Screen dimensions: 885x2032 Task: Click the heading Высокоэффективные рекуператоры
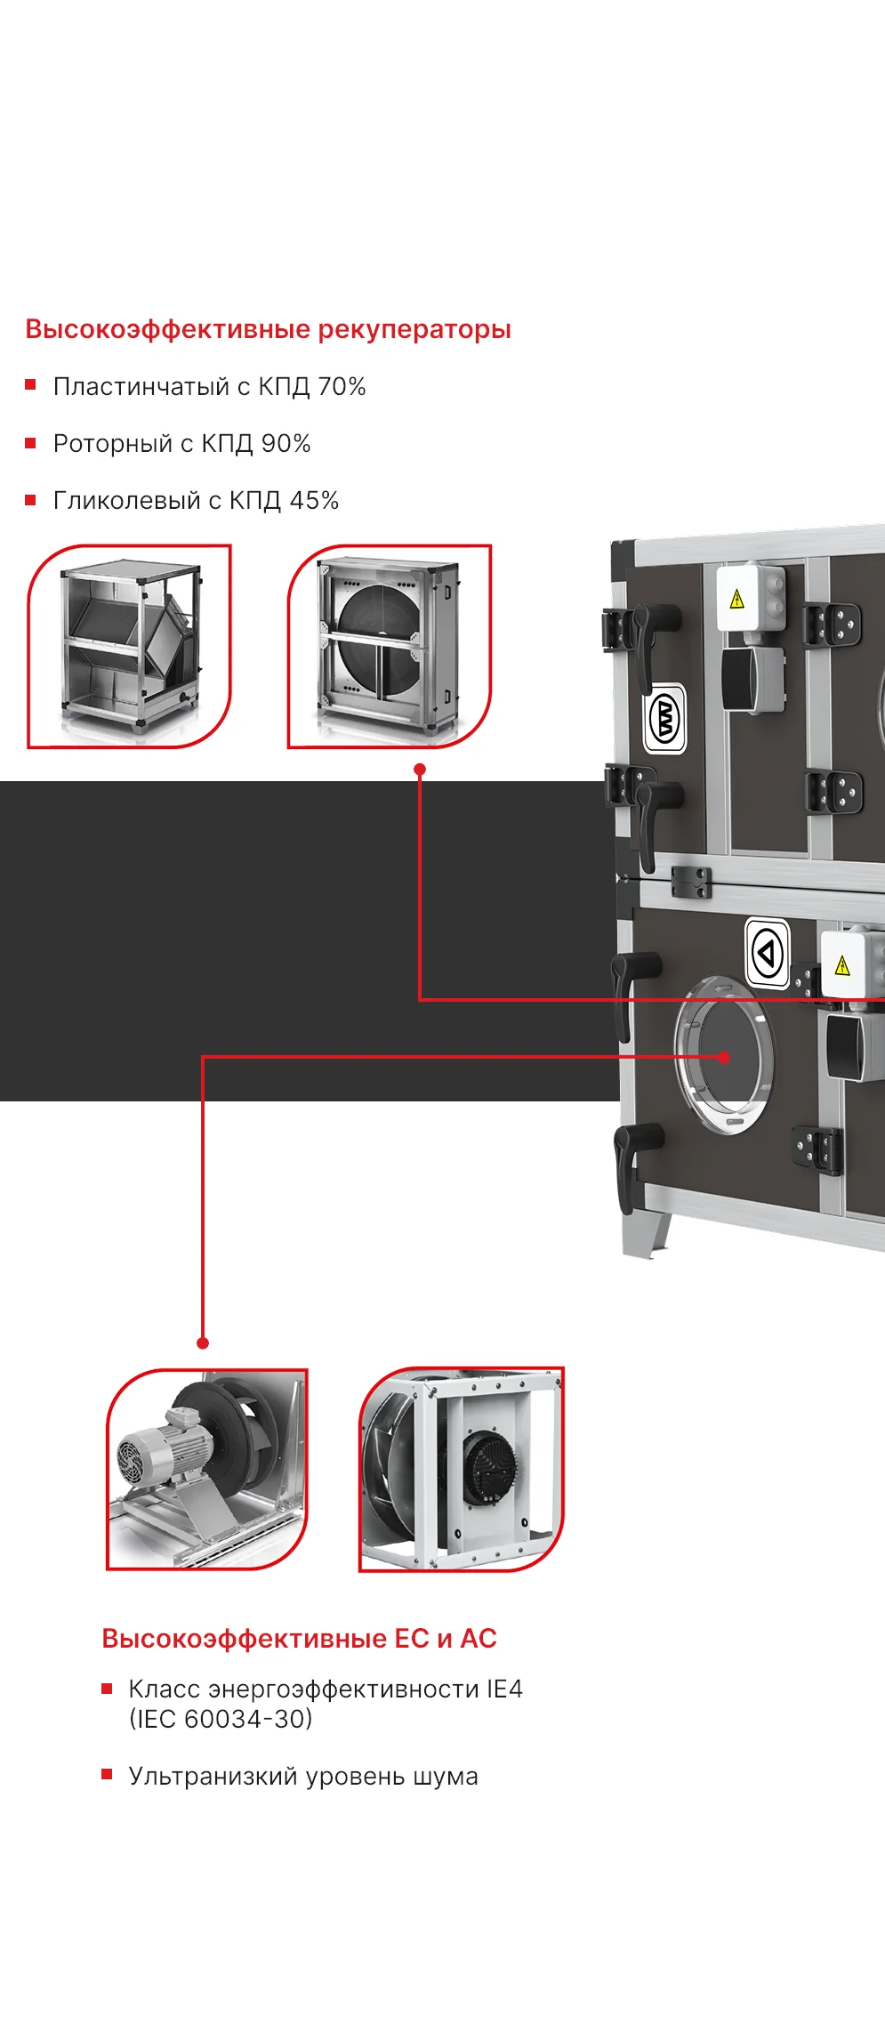pyautogui.click(x=268, y=329)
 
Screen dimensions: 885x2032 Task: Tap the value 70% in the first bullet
pyautogui.click(x=342, y=386)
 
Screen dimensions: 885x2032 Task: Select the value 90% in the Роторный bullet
pyautogui.click(x=286, y=443)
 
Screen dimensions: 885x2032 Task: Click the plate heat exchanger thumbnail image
pyautogui.click(x=129, y=647)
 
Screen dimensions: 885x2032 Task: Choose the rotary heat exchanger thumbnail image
pyautogui.click(x=390, y=647)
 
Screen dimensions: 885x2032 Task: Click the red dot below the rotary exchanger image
pyautogui.click(x=420, y=770)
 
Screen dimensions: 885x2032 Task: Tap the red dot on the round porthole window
pyautogui.click(x=724, y=1057)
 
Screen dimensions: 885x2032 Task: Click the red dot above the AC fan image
pyautogui.click(x=203, y=1343)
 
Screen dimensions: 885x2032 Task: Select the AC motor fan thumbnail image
pyautogui.click(x=207, y=1469)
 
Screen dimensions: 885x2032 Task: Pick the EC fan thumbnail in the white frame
pyautogui.click(x=462, y=1469)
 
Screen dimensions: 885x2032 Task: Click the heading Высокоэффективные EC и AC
pyautogui.click(x=299, y=1638)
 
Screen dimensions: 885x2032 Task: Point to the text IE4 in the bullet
pyautogui.click(x=504, y=1689)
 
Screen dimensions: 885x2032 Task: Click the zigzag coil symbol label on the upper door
pyautogui.click(x=664, y=718)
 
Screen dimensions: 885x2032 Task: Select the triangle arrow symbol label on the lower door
pyautogui.click(x=767, y=953)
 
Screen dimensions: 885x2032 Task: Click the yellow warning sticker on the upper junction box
pyautogui.click(x=736, y=599)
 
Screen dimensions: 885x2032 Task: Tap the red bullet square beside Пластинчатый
pyautogui.click(x=30, y=385)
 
